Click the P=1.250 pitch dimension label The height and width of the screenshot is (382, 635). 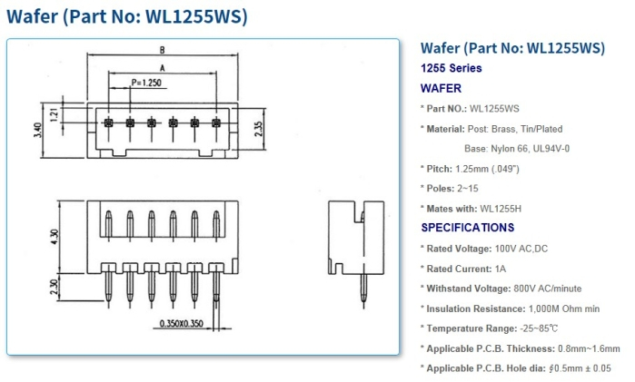click(x=149, y=83)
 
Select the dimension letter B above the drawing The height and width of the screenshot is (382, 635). click(x=161, y=50)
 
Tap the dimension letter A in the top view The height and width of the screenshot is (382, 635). click(x=162, y=67)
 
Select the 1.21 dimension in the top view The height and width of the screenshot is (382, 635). click(x=54, y=114)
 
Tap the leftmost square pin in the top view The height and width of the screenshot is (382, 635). click(x=108, y=122)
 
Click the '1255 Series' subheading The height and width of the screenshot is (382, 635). click(x=451, y=68)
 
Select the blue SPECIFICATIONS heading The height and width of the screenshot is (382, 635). click(x=467, y=228)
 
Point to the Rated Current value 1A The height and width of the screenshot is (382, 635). click(x=501, y=269)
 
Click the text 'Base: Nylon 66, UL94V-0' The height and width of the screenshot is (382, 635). click(x=517, y=149)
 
